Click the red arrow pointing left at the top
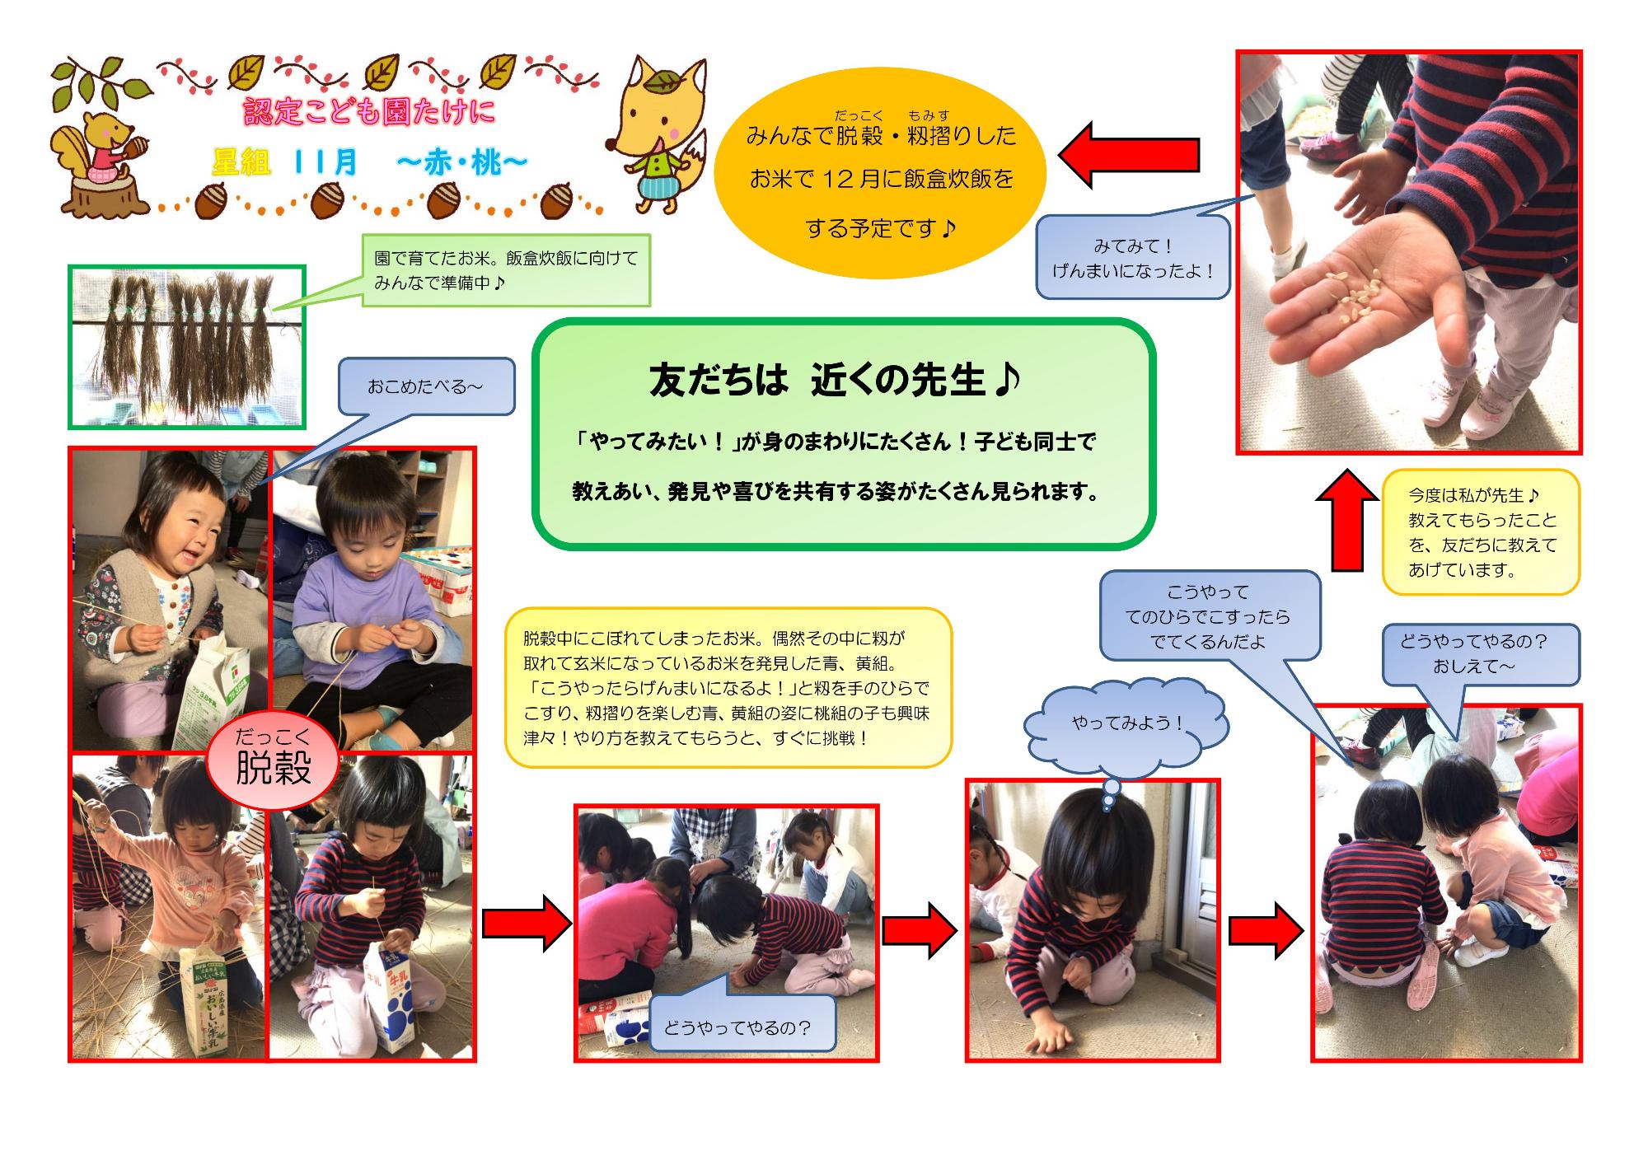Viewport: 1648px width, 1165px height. tap(1128, 154)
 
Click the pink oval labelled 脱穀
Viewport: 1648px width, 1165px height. tap(273, 760)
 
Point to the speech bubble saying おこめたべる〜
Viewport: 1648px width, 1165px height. tap(425, 386)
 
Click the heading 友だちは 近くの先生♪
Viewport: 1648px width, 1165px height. tap(836, 381)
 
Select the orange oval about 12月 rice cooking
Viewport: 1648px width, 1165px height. tap(879, 177)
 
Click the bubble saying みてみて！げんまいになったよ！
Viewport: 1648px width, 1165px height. tap(1132, 258)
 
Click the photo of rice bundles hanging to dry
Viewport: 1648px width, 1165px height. tap(187, 347)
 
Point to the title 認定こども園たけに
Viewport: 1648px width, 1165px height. tap(370, 113)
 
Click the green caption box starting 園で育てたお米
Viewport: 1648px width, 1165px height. tap(506, 270)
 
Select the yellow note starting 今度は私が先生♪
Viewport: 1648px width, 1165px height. tap(1481, 532)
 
